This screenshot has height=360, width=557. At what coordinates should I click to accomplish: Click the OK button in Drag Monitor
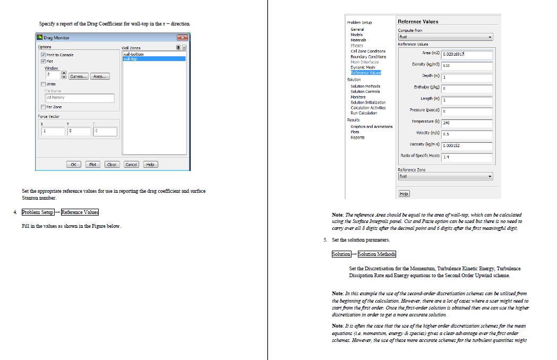(x=74, y=165)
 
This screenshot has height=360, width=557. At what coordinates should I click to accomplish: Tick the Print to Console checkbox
(x=44, y=55)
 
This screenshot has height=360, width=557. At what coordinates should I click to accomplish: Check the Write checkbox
(x=44, y=84)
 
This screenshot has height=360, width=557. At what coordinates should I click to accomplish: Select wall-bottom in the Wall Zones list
(x=133, y=54)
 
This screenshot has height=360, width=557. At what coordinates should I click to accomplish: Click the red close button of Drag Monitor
(x=183, y=38)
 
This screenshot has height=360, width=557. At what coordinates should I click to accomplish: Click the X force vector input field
(x=54, y=132)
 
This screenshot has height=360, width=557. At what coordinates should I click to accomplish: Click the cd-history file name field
(x=80, y=98)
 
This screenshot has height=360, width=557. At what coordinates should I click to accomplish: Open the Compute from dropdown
(x=445, y=37)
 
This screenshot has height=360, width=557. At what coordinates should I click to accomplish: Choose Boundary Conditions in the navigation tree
(x=369, y=56)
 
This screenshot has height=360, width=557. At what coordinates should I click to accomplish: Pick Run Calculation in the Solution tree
(x=364, y=113)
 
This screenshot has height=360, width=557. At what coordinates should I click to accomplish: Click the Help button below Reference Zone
(x=404, y=194)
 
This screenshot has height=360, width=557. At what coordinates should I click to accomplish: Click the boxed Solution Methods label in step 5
(x=377, y=254)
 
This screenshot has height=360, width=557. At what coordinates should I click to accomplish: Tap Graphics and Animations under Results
(x=372, y=127)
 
